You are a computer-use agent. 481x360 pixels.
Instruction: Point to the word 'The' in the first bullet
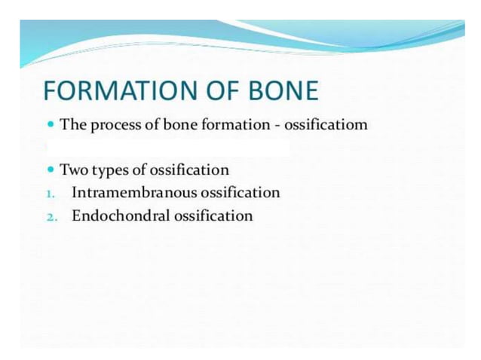72,125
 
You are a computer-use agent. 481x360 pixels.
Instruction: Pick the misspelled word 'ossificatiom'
326,125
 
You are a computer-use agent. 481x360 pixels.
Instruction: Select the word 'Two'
73,170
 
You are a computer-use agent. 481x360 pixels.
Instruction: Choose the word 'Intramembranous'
134,193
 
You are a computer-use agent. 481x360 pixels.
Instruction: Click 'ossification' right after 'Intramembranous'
240,193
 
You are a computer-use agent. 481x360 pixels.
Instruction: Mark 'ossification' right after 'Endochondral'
213,216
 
